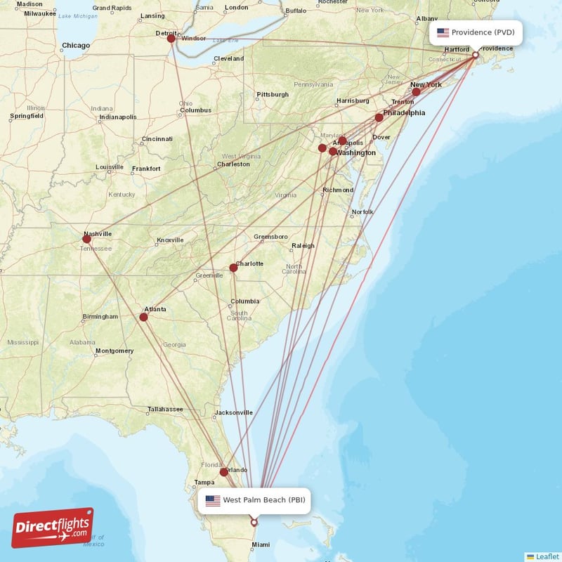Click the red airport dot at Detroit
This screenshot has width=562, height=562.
pos(171,39)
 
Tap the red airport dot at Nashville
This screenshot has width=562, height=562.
pos(86,239)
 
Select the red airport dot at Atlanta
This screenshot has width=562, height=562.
pos(143,317)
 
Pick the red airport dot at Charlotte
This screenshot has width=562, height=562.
pos(233,267)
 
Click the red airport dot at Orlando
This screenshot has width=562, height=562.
pos(223,472)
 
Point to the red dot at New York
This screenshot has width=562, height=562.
pos(416,92)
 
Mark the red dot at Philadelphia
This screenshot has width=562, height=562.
pos(379,117)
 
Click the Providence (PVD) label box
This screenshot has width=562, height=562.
pos(476,32)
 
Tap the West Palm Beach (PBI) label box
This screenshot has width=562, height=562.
pos(254,500)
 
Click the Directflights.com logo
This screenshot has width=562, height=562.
pos(52,528)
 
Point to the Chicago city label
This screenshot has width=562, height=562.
pos(75,46)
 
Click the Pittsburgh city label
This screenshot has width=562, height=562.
pos(273,94)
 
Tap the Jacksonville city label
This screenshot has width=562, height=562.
pos(234,412)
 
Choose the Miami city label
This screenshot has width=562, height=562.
pos(261,544)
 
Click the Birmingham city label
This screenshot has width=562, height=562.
pos(100,317)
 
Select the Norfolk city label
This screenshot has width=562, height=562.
pos(362,212)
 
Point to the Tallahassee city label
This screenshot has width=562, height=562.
pos(166,410)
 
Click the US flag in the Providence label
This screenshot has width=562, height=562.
pos(443,32)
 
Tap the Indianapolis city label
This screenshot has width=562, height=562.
pos(117,117)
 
